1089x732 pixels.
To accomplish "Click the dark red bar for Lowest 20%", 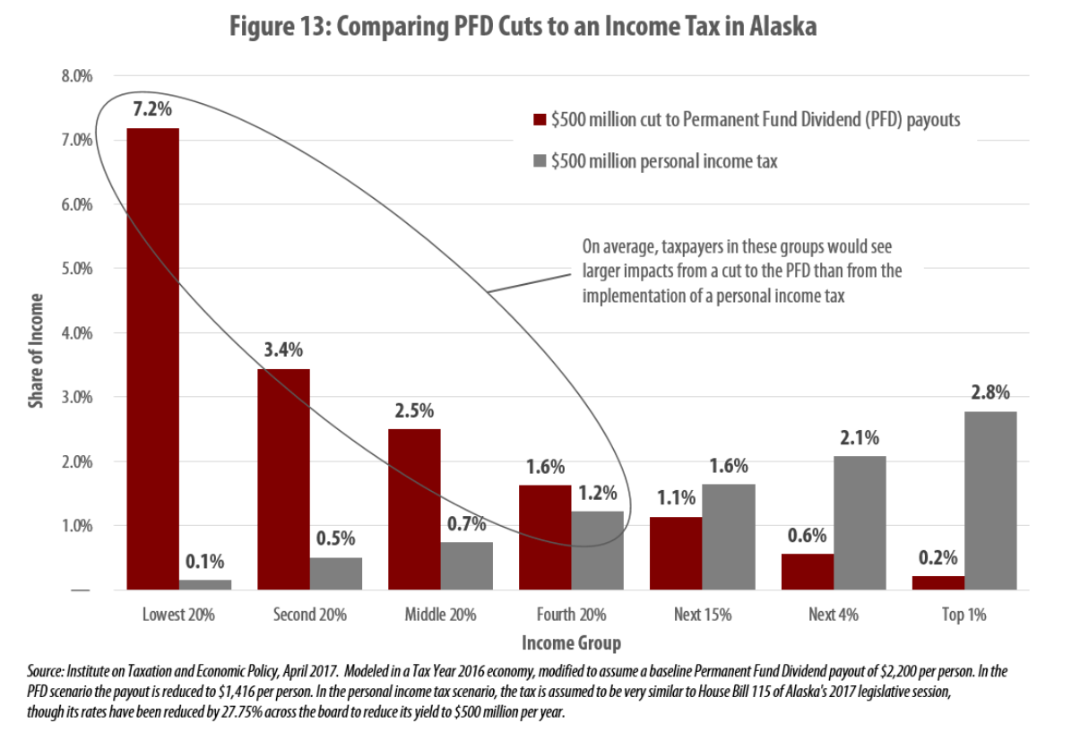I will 152,358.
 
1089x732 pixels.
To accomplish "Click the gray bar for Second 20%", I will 335,573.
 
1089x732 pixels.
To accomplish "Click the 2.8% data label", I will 990,392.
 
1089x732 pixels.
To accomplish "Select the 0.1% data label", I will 205,562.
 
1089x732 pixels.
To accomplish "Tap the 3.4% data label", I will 283,350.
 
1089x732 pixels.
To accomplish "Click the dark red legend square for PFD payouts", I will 540,120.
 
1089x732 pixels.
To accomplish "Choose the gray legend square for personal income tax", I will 540,161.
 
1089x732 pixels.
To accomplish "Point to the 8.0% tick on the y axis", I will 77,76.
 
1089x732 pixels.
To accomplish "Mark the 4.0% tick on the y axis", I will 77,333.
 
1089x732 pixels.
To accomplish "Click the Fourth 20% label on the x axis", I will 571,615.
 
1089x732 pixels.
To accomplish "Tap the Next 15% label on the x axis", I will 703,615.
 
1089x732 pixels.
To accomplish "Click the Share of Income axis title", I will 36,350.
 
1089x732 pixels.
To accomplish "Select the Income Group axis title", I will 571,642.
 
